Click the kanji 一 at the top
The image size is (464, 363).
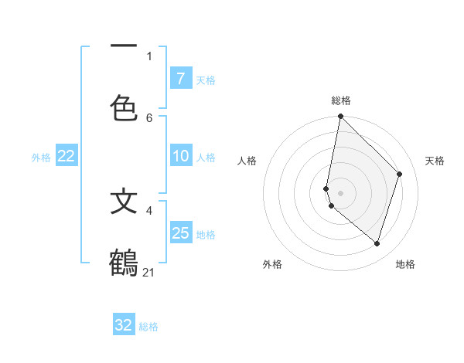pyautogui.click(x=124, y=47)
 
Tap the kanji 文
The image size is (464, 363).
pyautogui.click(x=124, y=202)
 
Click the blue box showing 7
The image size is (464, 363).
pyautogui.click(x=180, y=79)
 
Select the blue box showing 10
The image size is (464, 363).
pyautogui.click(x=180, y=156)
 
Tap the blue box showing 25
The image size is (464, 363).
pyautogui.click(x=180, y=233)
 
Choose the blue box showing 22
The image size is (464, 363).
pyautogui.click(x=67, y=156)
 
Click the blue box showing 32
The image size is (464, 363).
pyautogui.click(x=124, y=325)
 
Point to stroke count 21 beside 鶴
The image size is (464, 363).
pyautogui.click(x=149, y=272)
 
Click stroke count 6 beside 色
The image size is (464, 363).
pyautogui.click(x=149, y=117)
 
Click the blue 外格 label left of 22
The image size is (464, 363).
pyautogui.click(x=41, y=158)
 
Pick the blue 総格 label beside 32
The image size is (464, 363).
pyautogui.click(x=148, y=327)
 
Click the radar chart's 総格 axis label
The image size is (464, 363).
pyautogui.click(x=341, y=100)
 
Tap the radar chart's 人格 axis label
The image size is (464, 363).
pyautogui.click(x=247, y=161)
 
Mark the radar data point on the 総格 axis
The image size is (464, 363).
pyautogui.click(x=340, y=116)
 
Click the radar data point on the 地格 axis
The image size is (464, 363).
pyautogui.click(x=377, y=243)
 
